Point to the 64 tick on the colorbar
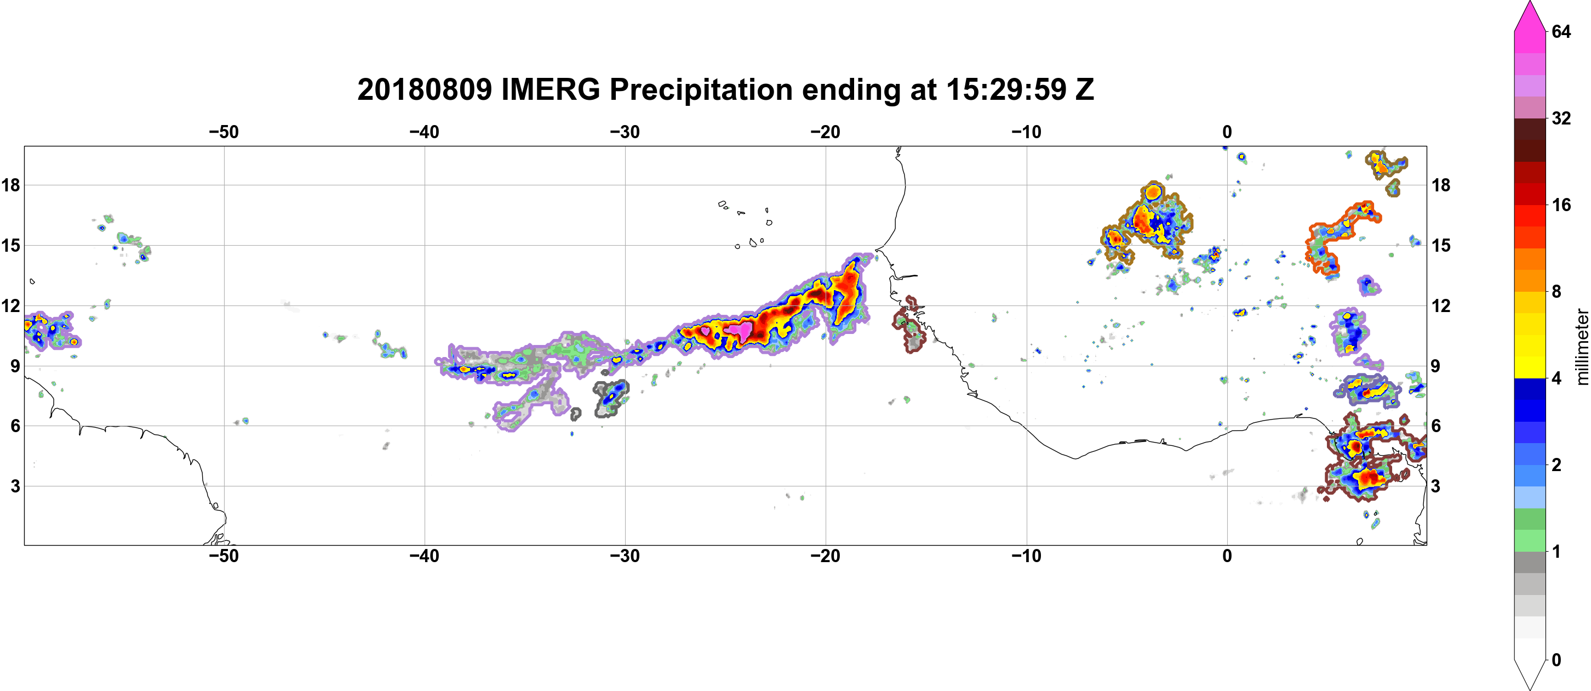[x=1561, y=31]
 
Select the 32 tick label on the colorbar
[x=1561, y=118]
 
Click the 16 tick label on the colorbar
[x=1561, y=205]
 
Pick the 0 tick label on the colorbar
[x=1556, y=660]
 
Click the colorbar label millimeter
[x=1582, y=347]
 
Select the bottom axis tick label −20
[x=826, y=556]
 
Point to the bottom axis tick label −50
[x=224, y=556]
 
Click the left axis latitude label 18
[x=10, y=185]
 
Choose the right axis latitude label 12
[x=1441, y=305]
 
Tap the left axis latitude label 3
[x=15, y=486]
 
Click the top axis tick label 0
[x=1227, y=132]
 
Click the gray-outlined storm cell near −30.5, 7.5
[x=611, y=399]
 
